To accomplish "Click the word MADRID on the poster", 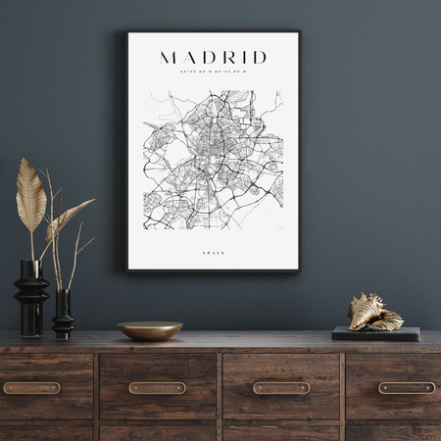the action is [213, 57].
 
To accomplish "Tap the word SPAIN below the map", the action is [213, 253].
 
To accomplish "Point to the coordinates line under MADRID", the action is [213, 71].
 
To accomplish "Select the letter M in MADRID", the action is [169, 57].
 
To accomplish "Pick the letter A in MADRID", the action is [189, 57].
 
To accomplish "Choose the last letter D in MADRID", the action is [258, 57].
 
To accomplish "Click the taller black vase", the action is [30, 297].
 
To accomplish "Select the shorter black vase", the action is [63, 314].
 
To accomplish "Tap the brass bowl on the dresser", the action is [150, 330].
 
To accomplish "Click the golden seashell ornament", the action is [375, 312].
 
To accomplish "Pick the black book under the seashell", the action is [375, 333].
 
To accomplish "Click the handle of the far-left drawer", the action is [30, 388].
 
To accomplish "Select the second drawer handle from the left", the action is [157, 388].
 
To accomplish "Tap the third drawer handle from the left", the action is [281, 388].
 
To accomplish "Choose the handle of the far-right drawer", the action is [407, 388].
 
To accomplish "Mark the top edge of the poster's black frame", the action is [213, 32].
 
